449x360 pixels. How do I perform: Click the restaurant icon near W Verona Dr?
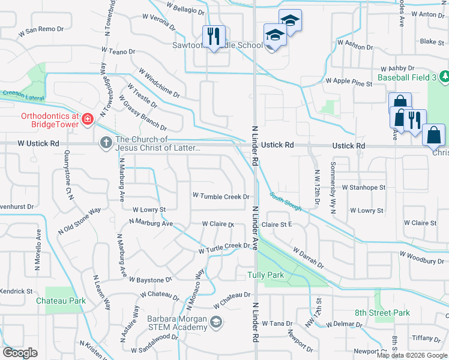(213, 36)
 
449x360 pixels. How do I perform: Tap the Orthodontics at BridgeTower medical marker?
(88, 119)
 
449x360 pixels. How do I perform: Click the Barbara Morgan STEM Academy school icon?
(216, 323)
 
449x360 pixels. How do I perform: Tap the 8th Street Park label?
(382, 313)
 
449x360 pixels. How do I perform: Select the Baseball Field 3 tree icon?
(445, 77)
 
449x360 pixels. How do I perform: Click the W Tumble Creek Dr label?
(220, 196)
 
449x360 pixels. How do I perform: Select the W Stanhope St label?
(363, 187)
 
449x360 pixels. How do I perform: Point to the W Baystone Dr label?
(152, 280)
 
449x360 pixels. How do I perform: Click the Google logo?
(20, 353)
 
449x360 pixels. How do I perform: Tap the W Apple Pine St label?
(349, 80)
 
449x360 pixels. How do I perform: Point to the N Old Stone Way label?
(79, 221)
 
